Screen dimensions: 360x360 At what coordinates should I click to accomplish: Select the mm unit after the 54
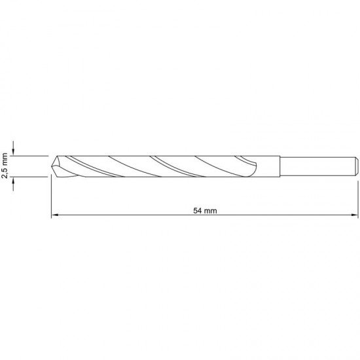(210, 211)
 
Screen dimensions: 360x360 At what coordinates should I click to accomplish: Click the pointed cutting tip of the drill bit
(52, 166)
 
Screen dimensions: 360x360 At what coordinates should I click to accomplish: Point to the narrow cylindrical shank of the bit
(314, 166)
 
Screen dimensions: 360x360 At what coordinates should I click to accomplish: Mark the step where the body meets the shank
(279, 166)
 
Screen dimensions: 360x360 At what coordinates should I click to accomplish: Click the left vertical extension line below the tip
(51, 196)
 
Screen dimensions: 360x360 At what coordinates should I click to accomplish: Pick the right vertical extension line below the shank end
(357, 196)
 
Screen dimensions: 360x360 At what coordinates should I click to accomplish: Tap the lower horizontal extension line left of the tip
(33, 176)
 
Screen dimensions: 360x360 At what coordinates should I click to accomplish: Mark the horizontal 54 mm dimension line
(131, 215)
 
